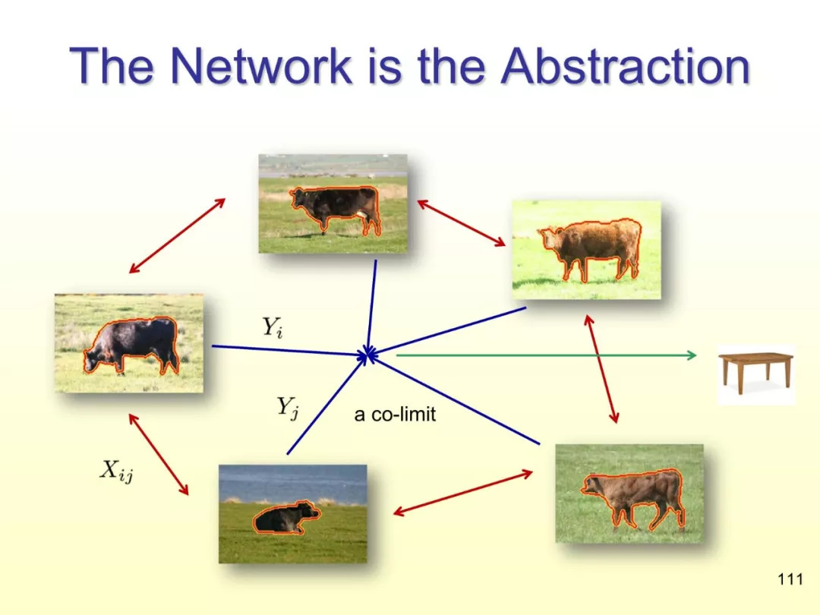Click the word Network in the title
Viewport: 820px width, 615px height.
(261, 66)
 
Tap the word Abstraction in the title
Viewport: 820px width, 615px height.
(626, 66)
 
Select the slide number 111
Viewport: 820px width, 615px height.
(790, 579)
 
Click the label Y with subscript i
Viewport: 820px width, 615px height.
(273, 327)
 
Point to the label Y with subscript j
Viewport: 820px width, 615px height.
(288, 408)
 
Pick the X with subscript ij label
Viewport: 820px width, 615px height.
(116, 471)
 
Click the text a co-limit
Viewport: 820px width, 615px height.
(395, 415)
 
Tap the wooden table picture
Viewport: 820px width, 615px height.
(755, 374)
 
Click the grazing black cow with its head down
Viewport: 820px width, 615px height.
(132, 345)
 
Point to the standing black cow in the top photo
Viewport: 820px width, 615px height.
(336, 209)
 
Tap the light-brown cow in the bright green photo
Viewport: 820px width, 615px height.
(591, 248)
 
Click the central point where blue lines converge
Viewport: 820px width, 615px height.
(369, 355)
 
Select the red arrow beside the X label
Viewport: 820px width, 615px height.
(159, 454)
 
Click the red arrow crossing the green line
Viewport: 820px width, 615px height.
(601, 369)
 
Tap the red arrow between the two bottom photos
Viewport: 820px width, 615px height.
(462, 494)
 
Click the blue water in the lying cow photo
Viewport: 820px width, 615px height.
(293, 484)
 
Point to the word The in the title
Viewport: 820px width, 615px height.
(112, 66)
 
